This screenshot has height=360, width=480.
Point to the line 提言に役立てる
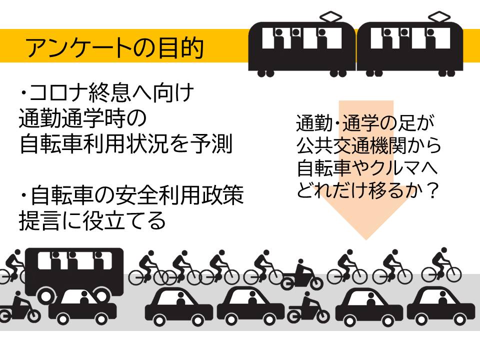pyautogui.click(x=92, y=221)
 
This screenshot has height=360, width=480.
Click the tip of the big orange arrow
pyautogui.click(x=366, y=238)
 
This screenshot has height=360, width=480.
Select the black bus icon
pyautogui.click(x=74, y=270)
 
